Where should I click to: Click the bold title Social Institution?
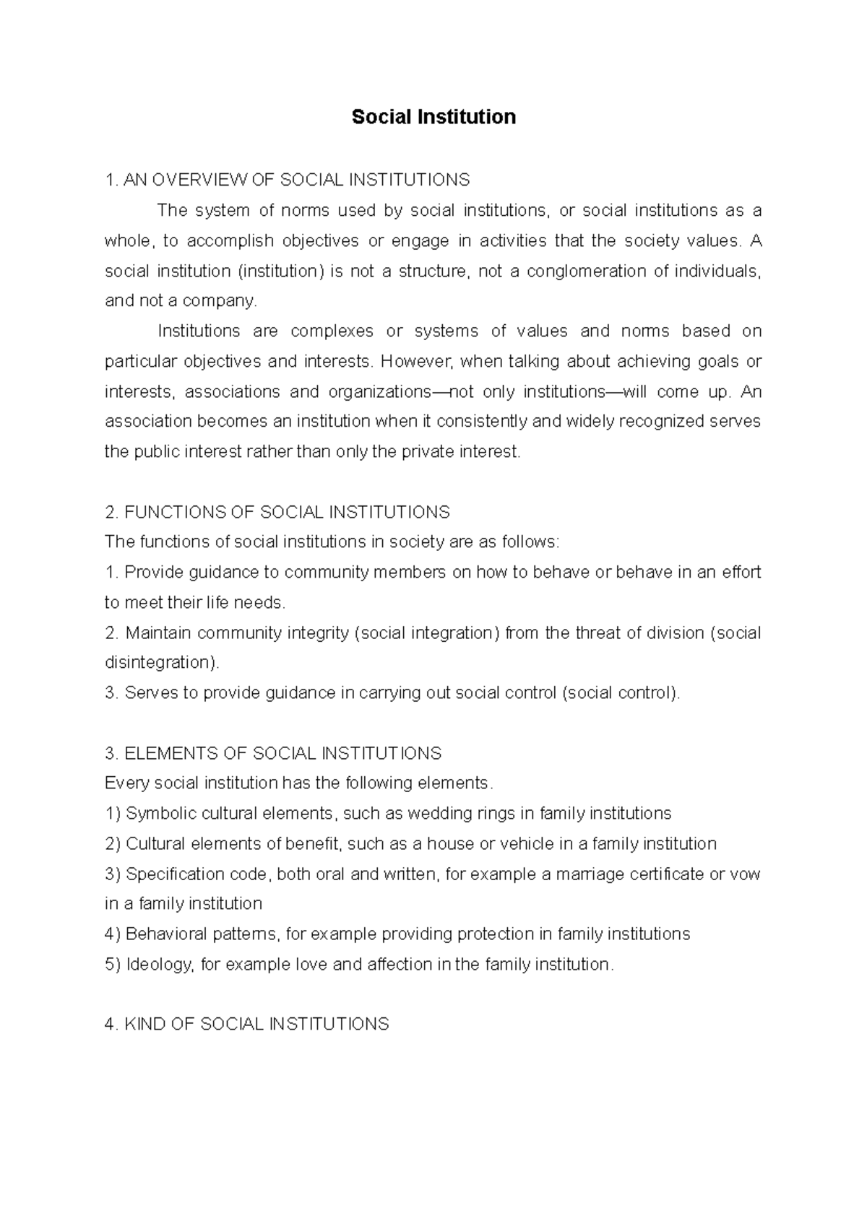coord(433,117)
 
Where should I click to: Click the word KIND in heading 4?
coord(145,1025)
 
